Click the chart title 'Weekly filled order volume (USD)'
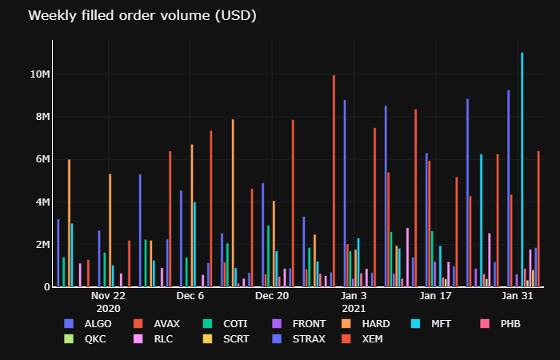pyautogui.click(x=142, y=16)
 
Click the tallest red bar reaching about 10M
pyautogui.click(x=334, y=181)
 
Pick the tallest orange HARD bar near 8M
pyautogui.click(x=233, y=203)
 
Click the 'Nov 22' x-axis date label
pyautogui.click(x=108, y=296)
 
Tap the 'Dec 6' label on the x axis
pyautogui.click(x=190, y=296)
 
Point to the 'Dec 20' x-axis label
pyautogui.click(x=272, y=296)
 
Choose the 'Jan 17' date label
pyautogui.click(x=436, y=296)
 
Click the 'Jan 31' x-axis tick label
pyautogui.click(x=518, y=296)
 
